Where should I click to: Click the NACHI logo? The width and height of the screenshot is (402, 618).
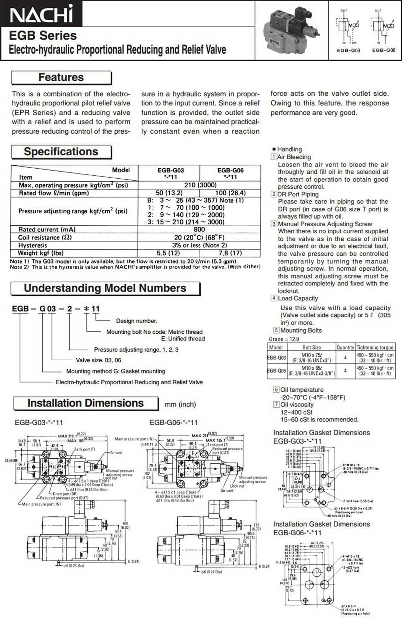41,14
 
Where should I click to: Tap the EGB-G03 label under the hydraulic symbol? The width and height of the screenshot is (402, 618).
348,50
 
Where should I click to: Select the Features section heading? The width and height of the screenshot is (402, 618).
61,78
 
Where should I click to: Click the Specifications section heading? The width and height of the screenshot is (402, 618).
61,152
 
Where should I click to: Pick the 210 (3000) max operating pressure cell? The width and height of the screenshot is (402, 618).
200,185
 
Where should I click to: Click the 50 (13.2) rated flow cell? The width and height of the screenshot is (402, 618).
169,193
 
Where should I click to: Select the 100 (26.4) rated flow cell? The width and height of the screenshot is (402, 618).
230,193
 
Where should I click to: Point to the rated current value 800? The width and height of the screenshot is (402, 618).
199,229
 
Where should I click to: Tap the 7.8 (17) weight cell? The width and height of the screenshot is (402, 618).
230,253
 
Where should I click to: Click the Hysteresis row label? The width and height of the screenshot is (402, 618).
33,245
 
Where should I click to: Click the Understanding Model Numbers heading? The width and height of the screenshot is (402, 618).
105,288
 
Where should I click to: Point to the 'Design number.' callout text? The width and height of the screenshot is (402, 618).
136,321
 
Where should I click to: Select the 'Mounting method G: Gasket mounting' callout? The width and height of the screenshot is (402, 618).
115,371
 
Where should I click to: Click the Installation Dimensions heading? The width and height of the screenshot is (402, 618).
86,403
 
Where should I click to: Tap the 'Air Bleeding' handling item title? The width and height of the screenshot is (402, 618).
294,157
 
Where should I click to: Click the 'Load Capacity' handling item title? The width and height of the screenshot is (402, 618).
298,298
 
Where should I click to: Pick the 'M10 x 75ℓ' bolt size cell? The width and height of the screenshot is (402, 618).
312,355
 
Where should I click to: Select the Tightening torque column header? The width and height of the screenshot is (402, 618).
375,347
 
